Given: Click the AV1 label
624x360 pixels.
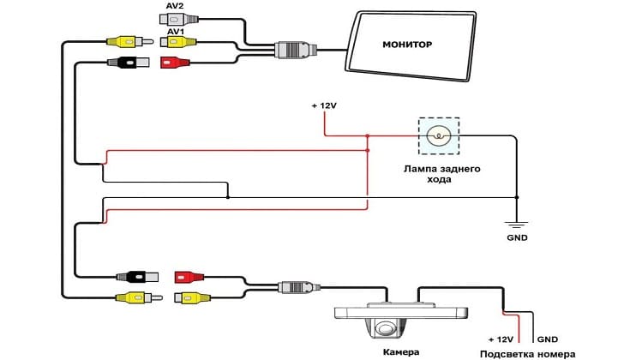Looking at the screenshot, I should pos(176,31).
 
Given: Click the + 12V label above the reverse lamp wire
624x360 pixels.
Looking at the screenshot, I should pos(325,105).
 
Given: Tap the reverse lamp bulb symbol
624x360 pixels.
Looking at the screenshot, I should pos(439,135).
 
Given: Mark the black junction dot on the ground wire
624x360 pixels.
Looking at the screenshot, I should pos(227,197).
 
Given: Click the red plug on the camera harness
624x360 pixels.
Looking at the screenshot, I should pos(189,277).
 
